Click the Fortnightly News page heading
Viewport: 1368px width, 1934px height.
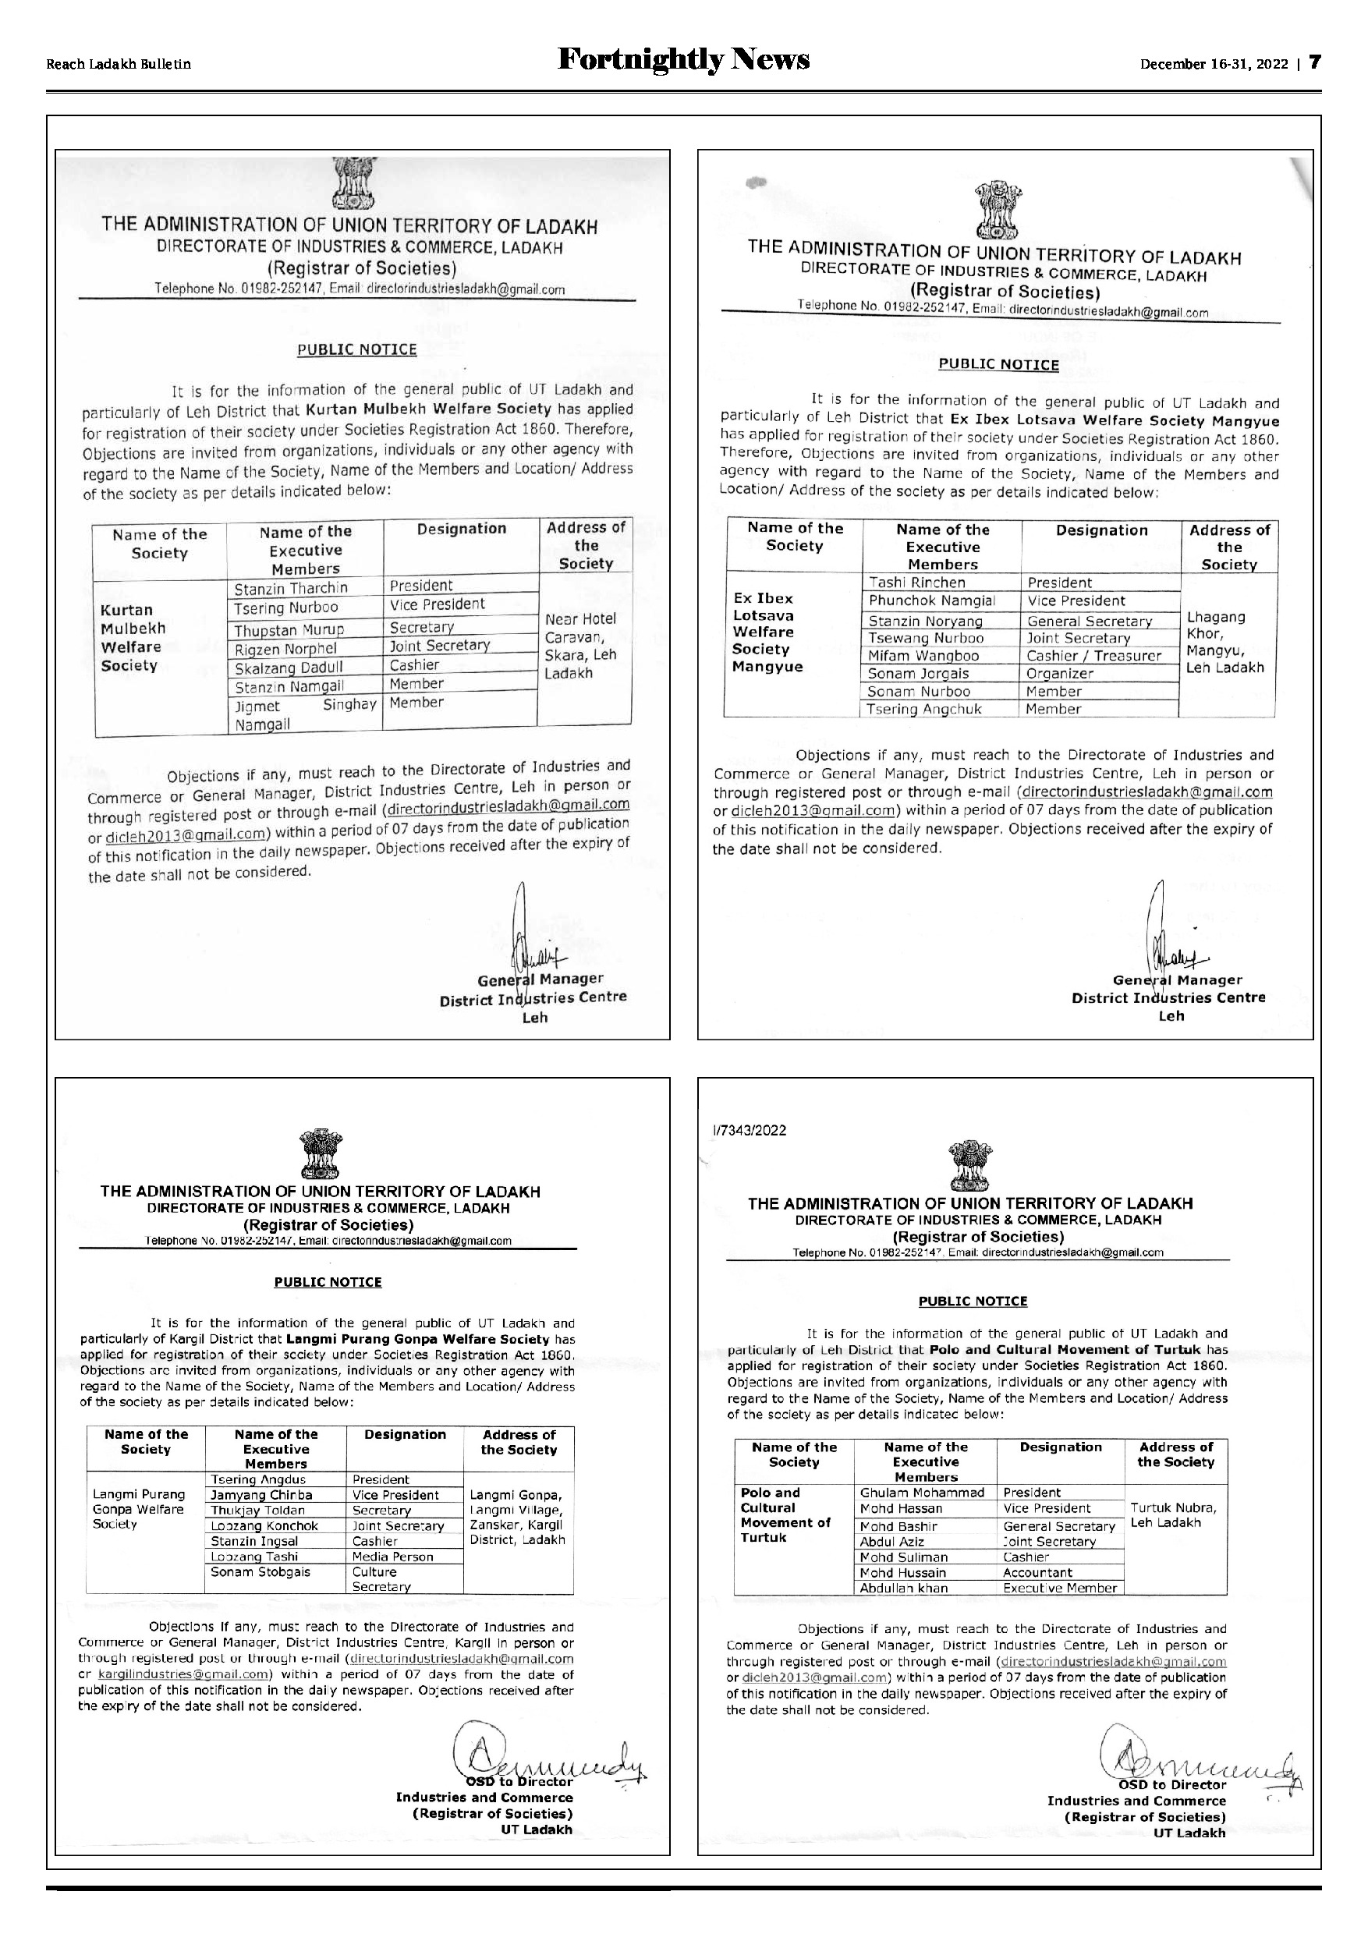pyautogui.click(x=683, y=61)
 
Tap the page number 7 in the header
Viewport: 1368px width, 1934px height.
pyautogui.click(x=1314, y=63)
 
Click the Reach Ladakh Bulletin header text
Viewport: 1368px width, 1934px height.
pyautogui.click(x=119, y=65)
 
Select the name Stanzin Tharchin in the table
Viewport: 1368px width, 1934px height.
pyautogui.click(x=291, y=588)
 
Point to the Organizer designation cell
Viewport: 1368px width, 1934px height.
pyautogui.click(x=1060, y=674)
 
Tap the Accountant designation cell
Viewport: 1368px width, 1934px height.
pyautogui.click(x=1038, y=1573)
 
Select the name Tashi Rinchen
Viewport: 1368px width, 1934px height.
pyautogui.click(x=916, y=582)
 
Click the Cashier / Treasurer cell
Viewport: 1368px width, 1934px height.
pyautogui.click(x=1093, y=655)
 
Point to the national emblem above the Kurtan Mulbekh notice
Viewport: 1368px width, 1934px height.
pyautogui.click(x=355, y=182)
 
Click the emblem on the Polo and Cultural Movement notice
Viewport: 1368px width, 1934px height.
pyautogui.click(x=970, y=1165)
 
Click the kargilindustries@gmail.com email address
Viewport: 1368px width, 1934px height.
pyautogui.click(x=185, y=1674)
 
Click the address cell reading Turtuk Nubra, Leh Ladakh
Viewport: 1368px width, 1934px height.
pyautogui.click(x=1171, y=1515)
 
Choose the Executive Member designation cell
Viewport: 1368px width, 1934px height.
pyautogui.click(x=1060, y=1588)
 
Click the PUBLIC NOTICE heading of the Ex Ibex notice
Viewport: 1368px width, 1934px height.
pyautogui.click(x=998, y=365)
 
